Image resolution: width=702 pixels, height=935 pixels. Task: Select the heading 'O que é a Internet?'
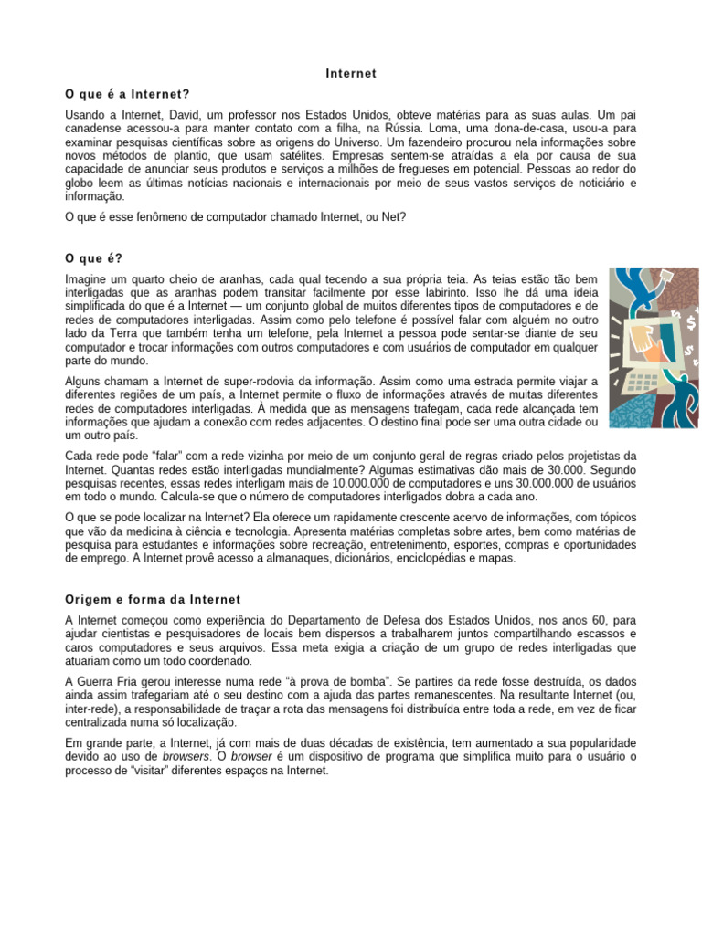pyautogui.click(x=128, y=93)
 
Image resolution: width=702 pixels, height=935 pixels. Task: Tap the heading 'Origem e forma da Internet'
pyautogui.click(x=153, y=599)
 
